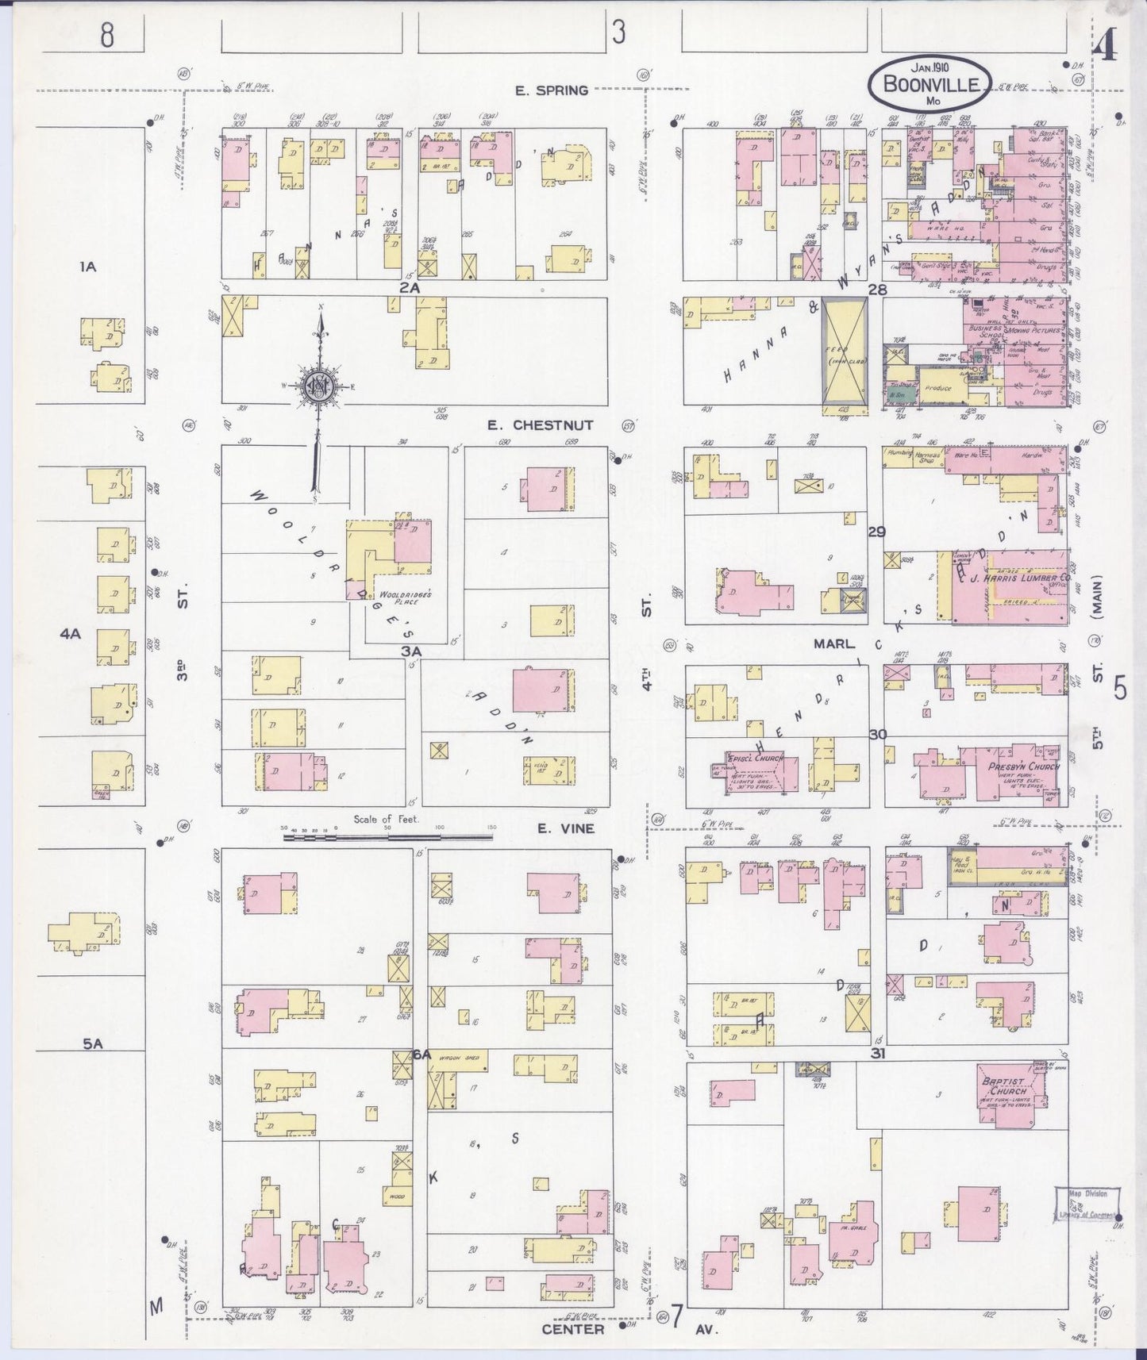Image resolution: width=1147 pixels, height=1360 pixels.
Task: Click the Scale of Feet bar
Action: coord(387,836)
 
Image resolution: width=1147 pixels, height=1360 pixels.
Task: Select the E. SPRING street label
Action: coord(552,90)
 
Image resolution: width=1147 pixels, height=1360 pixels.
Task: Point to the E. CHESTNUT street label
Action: coord(540,425)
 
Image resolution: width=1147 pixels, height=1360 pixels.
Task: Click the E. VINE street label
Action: coord(565,829)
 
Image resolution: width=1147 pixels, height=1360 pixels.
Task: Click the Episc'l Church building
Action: coord(757,767)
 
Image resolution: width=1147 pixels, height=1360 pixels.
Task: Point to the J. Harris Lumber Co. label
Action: coord(1019,578)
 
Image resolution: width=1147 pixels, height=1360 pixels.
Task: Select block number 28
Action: coord(876,290)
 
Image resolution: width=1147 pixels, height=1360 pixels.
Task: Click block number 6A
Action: coord(421,1055)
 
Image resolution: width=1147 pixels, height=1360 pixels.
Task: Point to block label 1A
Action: coord(87,267)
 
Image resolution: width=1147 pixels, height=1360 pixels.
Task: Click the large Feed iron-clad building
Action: coord(844,355)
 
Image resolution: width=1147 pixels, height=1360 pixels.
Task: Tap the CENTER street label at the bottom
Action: coord(573,1328)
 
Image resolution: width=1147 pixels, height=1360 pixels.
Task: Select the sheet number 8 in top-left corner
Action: coord(106,34)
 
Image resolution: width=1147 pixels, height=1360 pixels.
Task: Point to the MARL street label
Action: coord(832,645)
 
